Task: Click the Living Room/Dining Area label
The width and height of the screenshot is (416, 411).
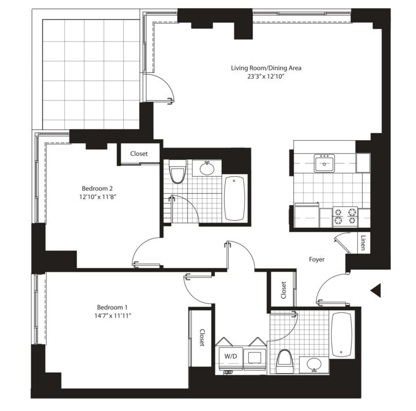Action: tap(266, 68)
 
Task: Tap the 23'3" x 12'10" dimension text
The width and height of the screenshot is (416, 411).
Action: tap(266, 78)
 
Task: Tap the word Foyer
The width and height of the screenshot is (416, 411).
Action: tap(317, 259)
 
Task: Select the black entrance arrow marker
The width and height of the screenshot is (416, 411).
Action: tap(376, 290)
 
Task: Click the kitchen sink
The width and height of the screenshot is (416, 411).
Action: tap(325, 164)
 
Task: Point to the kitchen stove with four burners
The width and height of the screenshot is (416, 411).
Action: tap(345, 216)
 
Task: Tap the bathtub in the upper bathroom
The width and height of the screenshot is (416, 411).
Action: tap(236, 198)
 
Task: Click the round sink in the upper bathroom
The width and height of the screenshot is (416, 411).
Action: tap(208, 169)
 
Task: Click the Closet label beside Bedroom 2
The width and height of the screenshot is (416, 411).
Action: tap(139, 154)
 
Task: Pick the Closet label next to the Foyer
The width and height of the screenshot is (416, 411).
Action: tap(283, 290)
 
